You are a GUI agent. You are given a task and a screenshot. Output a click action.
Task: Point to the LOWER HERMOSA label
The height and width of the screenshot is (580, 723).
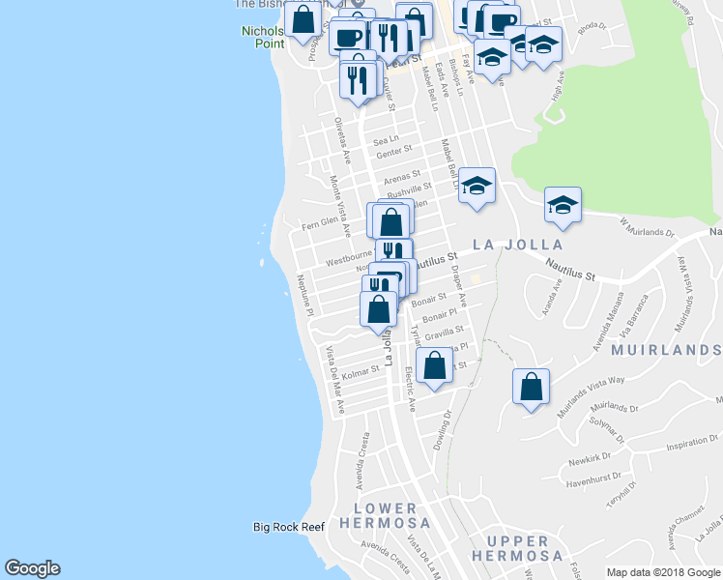tap(385, 516)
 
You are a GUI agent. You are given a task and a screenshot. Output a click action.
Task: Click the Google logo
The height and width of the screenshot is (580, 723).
tap(32, 568)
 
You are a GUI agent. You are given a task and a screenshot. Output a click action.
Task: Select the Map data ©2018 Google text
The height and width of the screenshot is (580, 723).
tap(664, 572)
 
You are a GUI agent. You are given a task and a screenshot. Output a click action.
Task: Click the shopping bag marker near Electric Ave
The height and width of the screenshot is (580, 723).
tap(435, 366)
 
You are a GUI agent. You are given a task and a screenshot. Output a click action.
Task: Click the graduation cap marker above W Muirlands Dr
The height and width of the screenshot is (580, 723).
tap(563, 204)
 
